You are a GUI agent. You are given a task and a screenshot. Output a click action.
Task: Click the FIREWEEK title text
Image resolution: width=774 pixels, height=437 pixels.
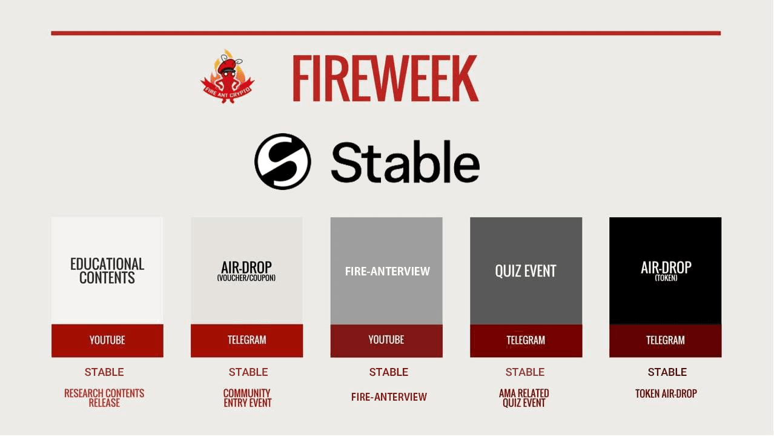tap(385, 77)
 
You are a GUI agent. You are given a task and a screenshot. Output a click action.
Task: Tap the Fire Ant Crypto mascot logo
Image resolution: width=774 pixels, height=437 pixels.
tap(227, 76)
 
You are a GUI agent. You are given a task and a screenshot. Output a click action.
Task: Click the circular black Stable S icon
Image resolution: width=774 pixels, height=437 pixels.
tap(283, 162)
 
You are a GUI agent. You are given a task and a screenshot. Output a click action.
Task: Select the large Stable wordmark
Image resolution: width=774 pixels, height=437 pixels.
tap(405, 162)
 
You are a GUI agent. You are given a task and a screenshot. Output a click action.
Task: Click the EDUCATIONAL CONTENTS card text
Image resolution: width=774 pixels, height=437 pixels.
tap(107, 271)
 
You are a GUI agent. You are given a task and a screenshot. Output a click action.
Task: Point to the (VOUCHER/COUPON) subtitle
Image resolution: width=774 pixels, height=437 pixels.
tap(246, 278)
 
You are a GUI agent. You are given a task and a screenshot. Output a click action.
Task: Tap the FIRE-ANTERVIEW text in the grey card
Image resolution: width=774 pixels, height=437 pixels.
tap(388, 272)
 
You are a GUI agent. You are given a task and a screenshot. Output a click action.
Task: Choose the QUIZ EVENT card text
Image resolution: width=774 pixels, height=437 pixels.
tap(526, 271)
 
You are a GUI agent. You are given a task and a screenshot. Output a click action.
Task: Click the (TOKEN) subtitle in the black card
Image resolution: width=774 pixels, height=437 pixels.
tap(666, 278)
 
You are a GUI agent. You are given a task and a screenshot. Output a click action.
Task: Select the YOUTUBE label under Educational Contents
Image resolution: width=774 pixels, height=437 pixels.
tap(107, 340)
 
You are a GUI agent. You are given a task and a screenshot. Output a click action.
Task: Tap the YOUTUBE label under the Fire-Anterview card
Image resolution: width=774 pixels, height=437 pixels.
tap(386, 340)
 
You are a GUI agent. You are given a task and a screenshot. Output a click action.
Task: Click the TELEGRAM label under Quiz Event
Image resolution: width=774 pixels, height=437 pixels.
tap(526, 340)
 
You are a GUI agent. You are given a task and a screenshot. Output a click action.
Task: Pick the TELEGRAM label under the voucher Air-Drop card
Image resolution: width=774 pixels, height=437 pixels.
tap(246, 340)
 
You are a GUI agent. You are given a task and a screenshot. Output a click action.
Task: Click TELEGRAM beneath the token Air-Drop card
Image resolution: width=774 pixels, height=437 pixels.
tap(665, 340)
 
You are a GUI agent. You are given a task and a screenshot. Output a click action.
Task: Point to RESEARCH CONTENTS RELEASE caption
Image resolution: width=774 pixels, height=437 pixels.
tap(104, 398)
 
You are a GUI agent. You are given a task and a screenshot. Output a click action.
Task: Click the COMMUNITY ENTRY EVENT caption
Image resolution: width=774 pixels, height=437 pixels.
tap(248, 398)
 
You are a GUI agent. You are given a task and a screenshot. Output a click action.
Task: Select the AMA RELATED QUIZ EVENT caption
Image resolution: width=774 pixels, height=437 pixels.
tap(524, 398)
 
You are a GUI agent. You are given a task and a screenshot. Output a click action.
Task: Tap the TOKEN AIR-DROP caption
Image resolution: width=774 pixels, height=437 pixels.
tap(666, 393)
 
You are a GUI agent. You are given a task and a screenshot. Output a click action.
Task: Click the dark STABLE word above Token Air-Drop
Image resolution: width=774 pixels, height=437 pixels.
tap(667, 372)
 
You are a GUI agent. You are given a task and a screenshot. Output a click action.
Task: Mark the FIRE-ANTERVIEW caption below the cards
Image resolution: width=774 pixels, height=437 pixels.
tap(389, 397)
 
